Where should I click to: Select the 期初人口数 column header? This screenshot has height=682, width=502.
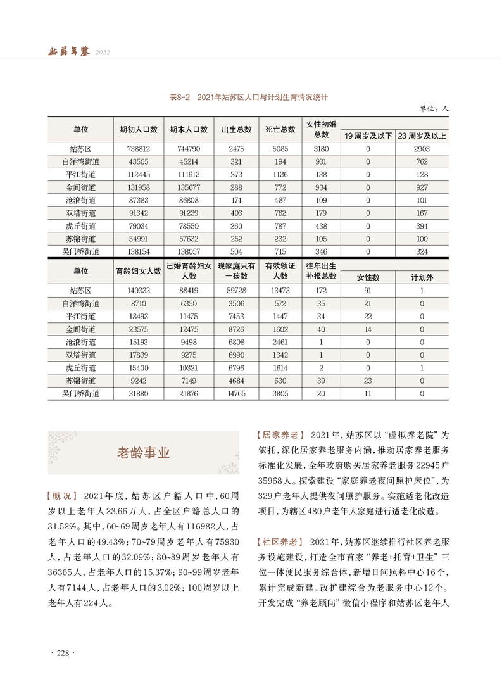138,129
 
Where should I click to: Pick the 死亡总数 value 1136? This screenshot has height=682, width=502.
280,174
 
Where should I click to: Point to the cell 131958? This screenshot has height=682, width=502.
138,187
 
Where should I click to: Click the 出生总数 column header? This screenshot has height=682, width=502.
233,129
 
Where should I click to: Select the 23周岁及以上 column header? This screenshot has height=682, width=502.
422,136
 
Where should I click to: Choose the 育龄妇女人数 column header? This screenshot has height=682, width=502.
138,271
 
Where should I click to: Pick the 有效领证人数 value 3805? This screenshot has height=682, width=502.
280,394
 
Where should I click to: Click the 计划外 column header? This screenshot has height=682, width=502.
422,277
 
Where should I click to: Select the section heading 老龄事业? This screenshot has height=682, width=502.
144,453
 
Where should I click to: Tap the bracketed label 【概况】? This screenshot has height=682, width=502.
63,495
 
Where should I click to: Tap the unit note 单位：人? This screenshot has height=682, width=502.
434,109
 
